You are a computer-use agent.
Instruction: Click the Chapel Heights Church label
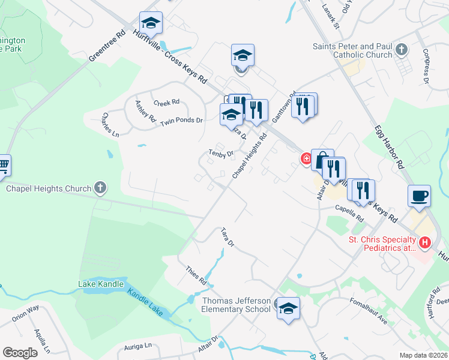tap(49, 189)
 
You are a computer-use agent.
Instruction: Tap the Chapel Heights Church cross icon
tap(100, 188)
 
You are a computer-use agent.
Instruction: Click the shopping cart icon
tap(3, 164)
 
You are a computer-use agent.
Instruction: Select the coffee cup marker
tap(418, 196)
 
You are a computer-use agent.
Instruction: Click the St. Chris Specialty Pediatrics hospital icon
tap(425, 242)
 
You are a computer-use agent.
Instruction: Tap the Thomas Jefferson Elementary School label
tap(236, 305)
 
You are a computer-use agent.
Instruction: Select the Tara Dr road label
tap(227, 237)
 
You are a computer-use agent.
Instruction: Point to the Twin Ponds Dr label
tap(181, 121)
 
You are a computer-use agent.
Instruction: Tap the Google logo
tap(20, 353)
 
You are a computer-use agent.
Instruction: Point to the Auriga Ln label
tap(137, 346)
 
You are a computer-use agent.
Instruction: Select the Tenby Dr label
tap(221, 154)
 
